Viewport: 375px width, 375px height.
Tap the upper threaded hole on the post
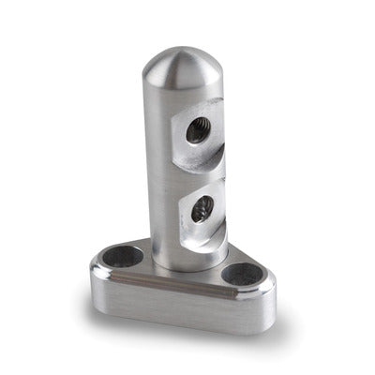(198, 131)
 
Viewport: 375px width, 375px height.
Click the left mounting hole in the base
(126, 255)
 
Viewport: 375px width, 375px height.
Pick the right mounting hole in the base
(243, 274)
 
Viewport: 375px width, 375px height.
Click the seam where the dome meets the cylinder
(178, 92)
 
